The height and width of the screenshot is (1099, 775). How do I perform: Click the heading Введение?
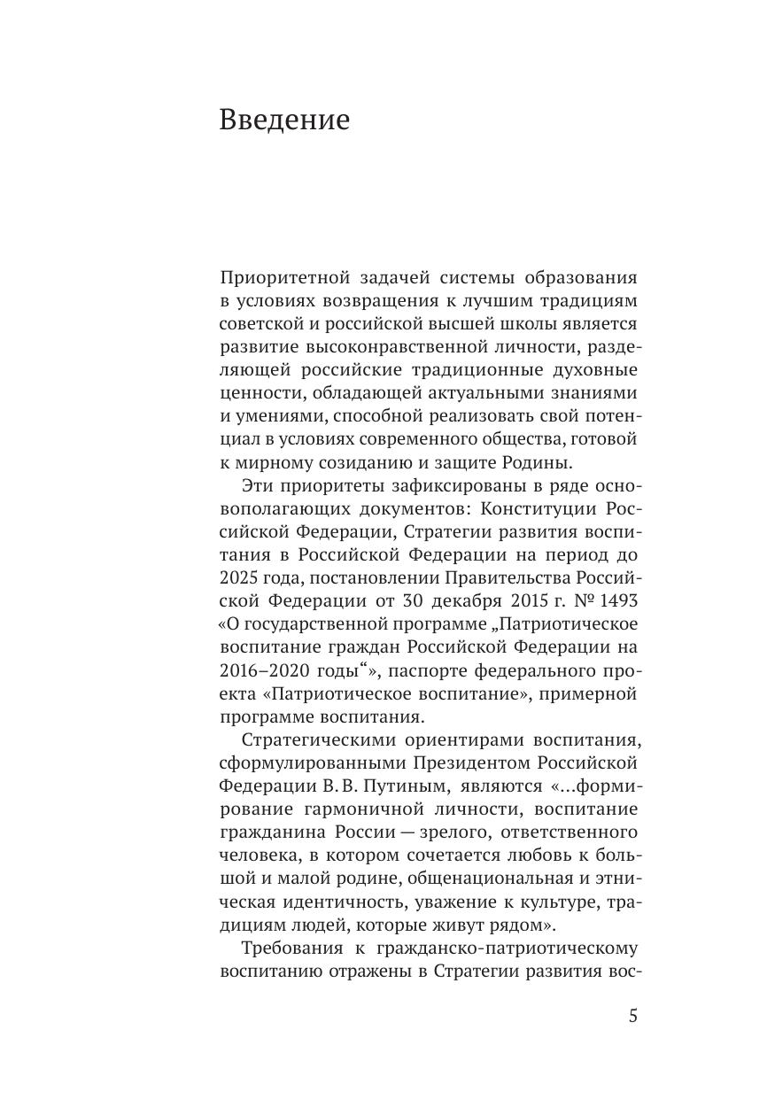pyautogui.click(x=284, y=120)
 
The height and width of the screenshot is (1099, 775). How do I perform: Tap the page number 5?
pyautogui.click(x=632, y=1016)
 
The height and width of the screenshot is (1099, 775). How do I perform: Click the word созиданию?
pyautogui.click(x=342, y=461)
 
